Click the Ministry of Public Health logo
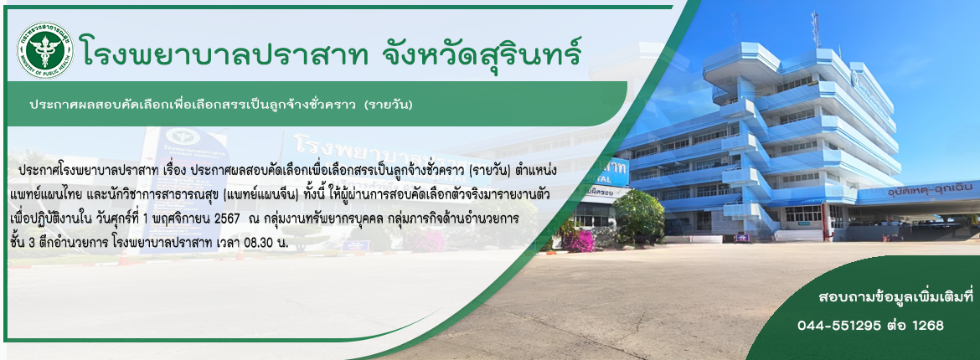[45, 49]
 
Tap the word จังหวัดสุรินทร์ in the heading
[482, 51]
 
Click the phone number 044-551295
[839, 326]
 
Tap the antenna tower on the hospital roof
[815, 29]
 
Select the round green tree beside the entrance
[638, 216]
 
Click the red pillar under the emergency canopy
[827, 222]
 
